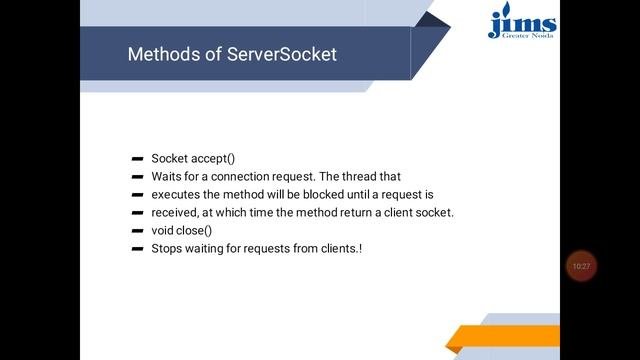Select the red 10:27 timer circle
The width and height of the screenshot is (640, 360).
(x=581, y=266)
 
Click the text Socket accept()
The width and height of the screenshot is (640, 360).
(x=193, y=158)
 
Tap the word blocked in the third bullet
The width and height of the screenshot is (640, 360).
(x=327, y=194)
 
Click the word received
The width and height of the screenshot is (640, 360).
(x=177, y=212)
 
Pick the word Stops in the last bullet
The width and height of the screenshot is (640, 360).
(x=168, y=248)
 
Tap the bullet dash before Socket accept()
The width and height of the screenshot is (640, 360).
(x=136, y=159)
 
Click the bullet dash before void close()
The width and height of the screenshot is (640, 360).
(x=136, y=231)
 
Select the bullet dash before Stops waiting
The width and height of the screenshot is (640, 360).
(x=136, y=249)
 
